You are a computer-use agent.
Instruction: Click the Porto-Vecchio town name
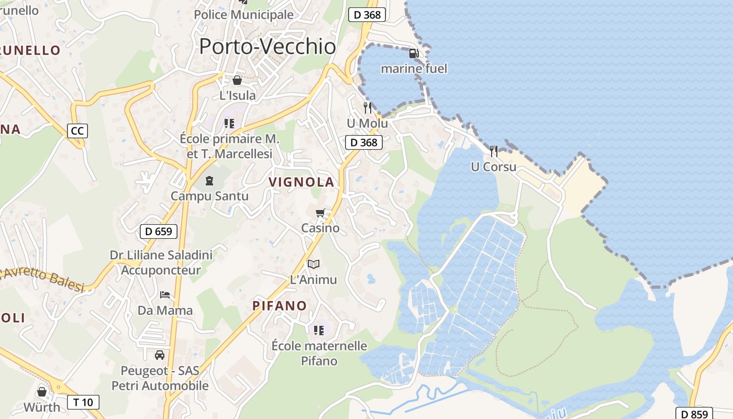(x=267, y=47)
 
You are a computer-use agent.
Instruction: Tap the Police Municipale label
(x=243, y=15)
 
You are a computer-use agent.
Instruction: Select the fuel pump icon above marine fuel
(x=414, y=53)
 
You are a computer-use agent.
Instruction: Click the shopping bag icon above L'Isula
(x=237, y=80)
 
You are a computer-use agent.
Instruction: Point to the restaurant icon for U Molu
(x=368, y=108)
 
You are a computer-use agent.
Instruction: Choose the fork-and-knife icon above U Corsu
(x=494, y=151)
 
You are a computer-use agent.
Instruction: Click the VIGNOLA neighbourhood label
(x=301, y=182)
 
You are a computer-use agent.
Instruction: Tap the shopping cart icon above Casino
(x=320, y=213)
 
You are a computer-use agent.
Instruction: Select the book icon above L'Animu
(x=313, y=264)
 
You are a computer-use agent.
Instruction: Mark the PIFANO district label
(x=280, y=306)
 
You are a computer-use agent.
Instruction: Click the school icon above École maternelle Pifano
(x=319, y=330)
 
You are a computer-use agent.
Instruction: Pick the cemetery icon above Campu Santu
(x=209, y=181)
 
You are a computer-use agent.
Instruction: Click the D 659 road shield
(x=159, y=231)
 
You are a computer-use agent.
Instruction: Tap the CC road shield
(x=77, y=130)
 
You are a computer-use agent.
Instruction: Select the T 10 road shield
(x=83, y=402)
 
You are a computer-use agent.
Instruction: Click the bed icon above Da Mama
(x=165, y=294)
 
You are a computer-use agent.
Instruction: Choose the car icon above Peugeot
(x=160, y=355)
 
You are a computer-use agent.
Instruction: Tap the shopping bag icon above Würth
(x=42, y=392)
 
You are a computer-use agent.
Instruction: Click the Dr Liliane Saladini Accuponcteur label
(x=161, y=262)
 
